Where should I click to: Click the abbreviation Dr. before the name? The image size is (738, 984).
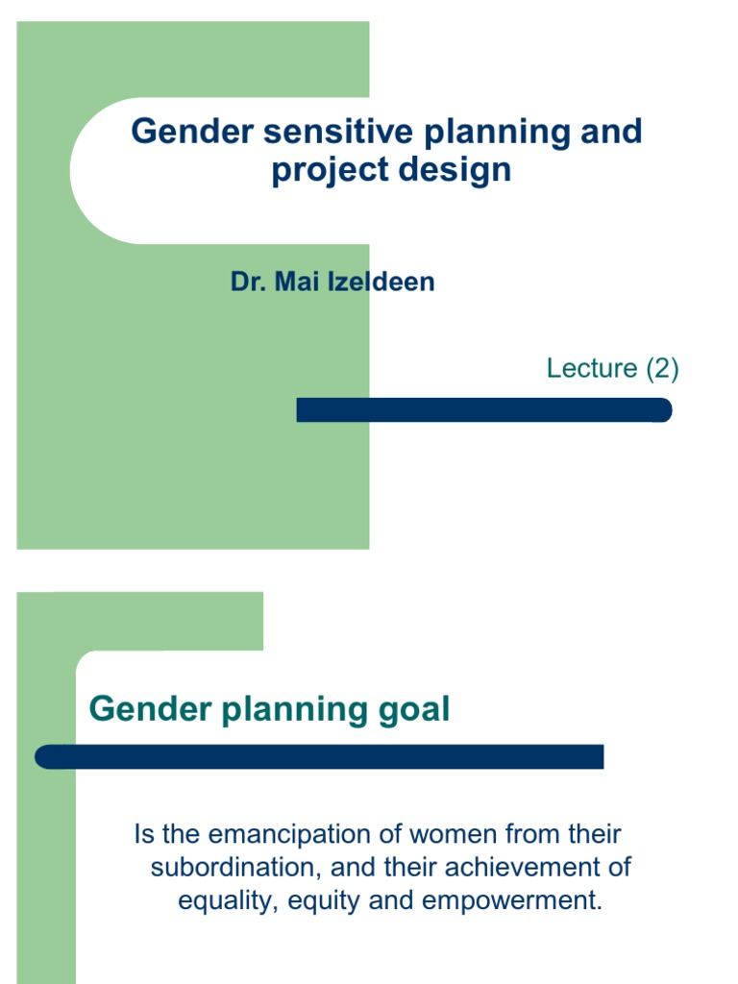pyautogui.click(x=248, y=283)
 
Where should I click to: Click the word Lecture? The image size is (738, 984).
pyautogui.click(x=592, y=368)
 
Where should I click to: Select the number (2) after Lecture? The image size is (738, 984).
pyautogui.click(x=662, y=368)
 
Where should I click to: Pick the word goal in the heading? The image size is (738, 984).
pyautogui.click(x=413, y=711)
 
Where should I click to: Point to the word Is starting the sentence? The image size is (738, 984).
pyautogui.click(x=143, y=834)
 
